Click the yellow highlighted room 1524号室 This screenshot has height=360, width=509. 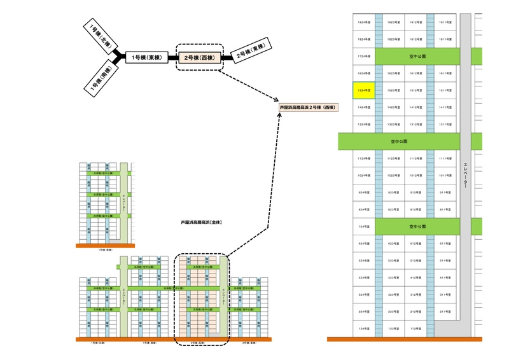click(364, 90)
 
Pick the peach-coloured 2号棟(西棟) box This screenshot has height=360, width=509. click(200, 58)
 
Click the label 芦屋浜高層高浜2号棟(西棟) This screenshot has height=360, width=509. click(309, 107)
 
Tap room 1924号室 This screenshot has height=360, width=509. click(364, 22)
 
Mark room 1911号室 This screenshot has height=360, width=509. click(444, 22)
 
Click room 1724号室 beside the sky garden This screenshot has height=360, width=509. click(364, 57)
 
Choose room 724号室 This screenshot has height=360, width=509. click(364, 226)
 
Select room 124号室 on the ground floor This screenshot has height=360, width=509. click(364, 329)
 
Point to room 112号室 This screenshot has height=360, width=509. click(416, 329)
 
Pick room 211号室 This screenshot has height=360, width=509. click(444, 312)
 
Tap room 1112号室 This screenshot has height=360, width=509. click(416, 158)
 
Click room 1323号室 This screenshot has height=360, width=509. click(393, 125)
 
